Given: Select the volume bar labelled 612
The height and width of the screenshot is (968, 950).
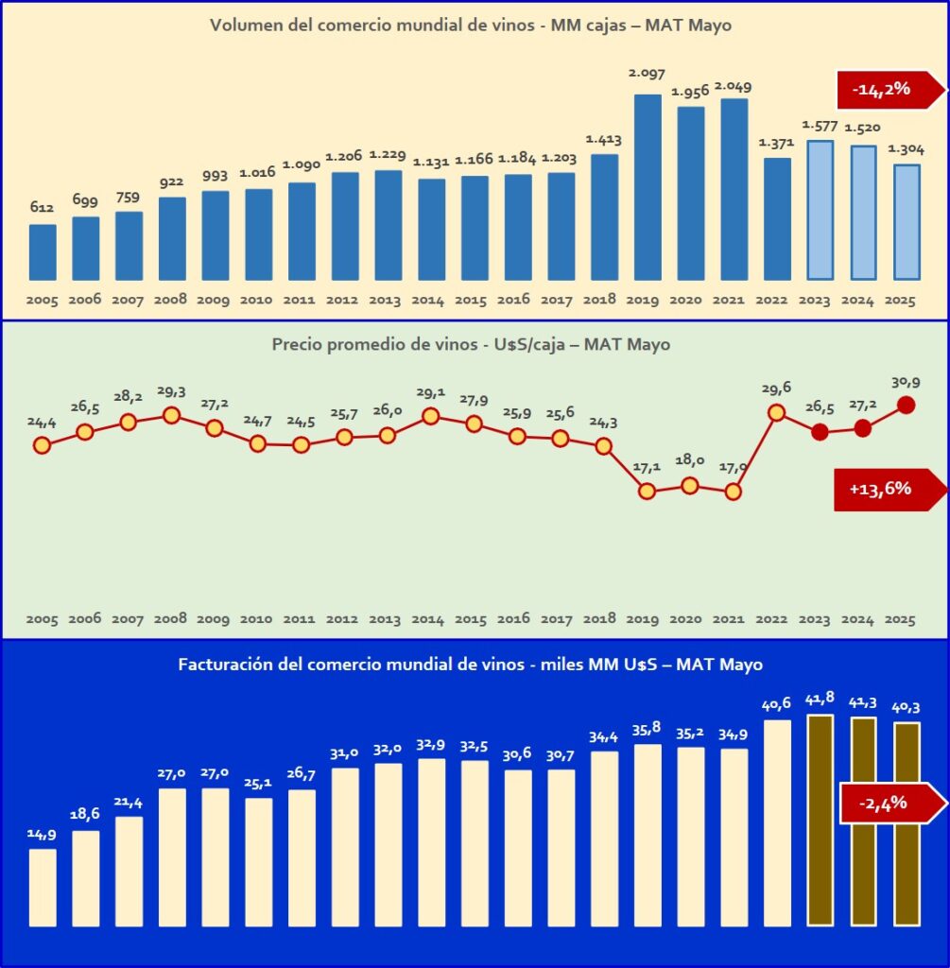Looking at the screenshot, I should (x=43, y=252).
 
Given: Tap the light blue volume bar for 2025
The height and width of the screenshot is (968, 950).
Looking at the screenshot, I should (x=907, y=223).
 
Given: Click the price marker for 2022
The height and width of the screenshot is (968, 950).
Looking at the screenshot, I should (x=776, y=412).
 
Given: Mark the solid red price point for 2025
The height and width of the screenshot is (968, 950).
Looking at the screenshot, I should (x=906, y=405).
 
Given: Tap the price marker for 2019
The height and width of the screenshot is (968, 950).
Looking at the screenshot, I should (x=647, y=491).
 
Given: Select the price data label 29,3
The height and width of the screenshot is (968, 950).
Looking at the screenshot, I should (x=171, y=390).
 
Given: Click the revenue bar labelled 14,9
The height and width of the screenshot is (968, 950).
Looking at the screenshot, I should (x=43, y=888).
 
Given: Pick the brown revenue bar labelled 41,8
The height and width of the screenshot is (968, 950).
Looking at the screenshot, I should (x=820, y=820).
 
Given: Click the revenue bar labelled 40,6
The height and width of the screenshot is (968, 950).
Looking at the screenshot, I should (x=777, y=823).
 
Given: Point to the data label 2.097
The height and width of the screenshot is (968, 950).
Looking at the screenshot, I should (x=647, y=73).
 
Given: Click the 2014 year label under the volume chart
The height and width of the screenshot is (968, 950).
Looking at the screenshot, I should (x=429, y=300).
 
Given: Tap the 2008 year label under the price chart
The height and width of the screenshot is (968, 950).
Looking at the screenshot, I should (x=171, y=619).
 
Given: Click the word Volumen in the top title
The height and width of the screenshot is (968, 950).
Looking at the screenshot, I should (x=247, y=26).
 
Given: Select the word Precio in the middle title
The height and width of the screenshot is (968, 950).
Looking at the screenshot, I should (x=297, y=345).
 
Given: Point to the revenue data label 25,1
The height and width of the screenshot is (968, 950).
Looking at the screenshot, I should (x=258, y=782).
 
